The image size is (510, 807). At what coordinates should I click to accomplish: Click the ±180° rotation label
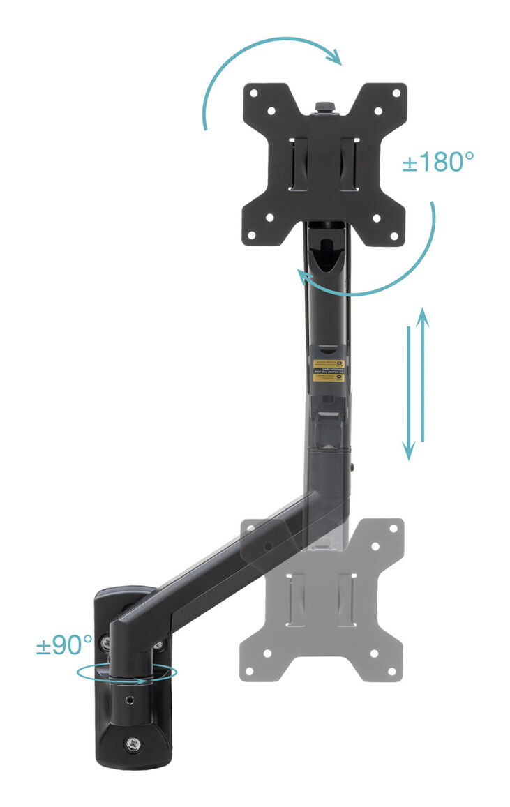pyautogui.click(x=437, y=162)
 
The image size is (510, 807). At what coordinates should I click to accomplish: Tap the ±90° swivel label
pyautogui.click(x=64, y=645)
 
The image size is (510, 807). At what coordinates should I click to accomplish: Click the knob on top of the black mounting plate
pyautogui.click(x=324, y=107)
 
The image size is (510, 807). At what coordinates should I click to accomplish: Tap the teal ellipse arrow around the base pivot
pyautogui.click(x=127, y=674)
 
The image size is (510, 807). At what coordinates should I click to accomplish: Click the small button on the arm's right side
pyautogui.click(x=354, y=467)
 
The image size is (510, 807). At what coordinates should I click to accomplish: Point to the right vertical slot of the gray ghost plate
pyautogui.click(x=347, y=597)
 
